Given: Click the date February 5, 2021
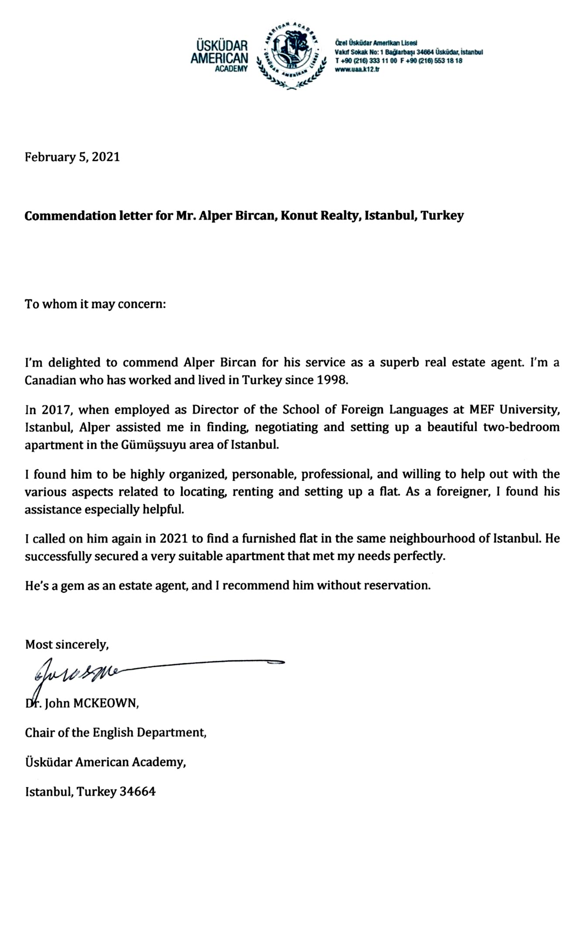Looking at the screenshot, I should [x=72, y=157].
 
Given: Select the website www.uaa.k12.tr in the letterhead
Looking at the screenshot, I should [x=357, y=69].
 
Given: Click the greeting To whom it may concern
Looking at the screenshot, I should [x=96, y=304].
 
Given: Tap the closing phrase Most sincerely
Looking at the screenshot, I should [x=67, y=644].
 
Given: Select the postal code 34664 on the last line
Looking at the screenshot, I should [x=138, y=792].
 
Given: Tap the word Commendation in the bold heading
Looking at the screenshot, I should [x=71, y=215].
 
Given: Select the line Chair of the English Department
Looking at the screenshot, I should [x=116, y=732].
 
